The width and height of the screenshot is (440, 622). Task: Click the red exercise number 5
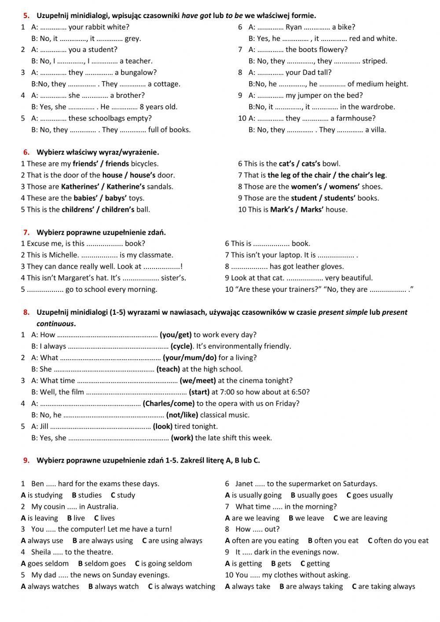click(x=26, y=16)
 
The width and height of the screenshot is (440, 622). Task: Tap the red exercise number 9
click(x=26, y=460)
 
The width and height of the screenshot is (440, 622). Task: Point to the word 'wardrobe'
click(x=379, y=107)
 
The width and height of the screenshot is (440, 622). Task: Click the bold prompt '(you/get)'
click(x=176, y=335)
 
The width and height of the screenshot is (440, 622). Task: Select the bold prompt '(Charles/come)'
click(x=169, y=404)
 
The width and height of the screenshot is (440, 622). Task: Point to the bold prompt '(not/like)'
click(x=182, y=415)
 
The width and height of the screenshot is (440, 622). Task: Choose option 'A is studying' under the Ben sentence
click(x=42, y=495)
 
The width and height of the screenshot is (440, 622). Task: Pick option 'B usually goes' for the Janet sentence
click(x=314, y=495)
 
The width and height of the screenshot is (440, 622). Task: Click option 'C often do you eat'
click(x=398, y=541)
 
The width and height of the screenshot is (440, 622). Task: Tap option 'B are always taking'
click(x=311, y=587)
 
